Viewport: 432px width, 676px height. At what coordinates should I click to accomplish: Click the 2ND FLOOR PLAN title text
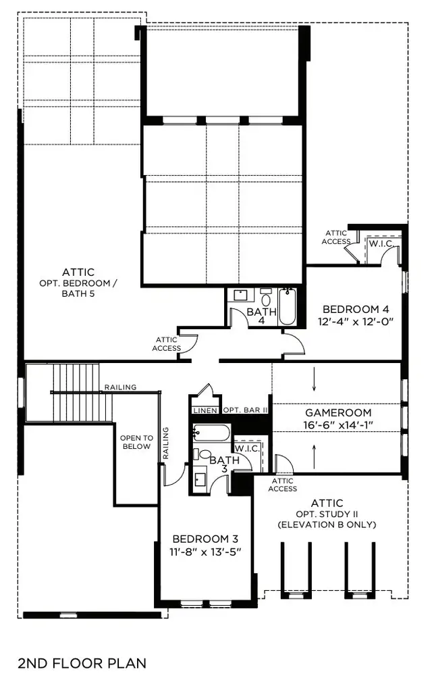point(82,662)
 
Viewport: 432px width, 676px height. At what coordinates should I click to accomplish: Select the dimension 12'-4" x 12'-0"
point(355,322)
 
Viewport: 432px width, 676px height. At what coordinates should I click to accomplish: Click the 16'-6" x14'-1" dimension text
point(338,425)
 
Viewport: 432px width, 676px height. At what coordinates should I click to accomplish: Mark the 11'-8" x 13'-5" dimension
point(206,552)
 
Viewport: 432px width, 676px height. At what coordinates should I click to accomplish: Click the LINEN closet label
point(205,410)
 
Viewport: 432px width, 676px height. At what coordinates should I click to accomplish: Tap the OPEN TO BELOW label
point(136,442)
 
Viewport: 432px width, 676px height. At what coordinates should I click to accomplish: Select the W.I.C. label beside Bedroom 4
point(377,243)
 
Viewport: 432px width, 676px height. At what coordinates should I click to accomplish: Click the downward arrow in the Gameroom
point(315,382)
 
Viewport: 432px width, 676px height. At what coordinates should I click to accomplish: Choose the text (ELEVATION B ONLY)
point(327,525)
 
